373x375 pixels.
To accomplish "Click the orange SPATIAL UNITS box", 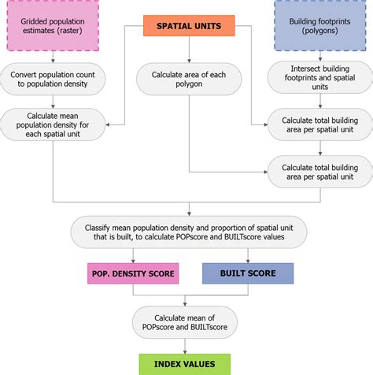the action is (x=189, y=26).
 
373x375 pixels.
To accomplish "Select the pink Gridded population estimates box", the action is (x=53, y=25).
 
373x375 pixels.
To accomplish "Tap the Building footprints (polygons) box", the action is (x=320, y=25).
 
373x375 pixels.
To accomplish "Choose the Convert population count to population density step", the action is (x=53, y=79).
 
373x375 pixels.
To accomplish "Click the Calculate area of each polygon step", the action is (x=189, y=79).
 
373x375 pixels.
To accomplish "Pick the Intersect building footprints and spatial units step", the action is (x=320, y=77).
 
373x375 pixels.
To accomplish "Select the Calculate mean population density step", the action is (x=53, y=124).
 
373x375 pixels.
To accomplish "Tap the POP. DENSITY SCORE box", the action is (x=133, y=273).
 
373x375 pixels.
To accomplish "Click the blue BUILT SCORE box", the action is (x=248, y=273).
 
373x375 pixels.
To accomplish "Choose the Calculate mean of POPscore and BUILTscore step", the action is (x=185, y=322).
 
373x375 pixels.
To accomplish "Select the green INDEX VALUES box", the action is (x=185, y=364).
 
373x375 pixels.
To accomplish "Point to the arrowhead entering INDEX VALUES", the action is (x=185, y=352).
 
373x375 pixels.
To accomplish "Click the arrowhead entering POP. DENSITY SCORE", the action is (x=133, y=261).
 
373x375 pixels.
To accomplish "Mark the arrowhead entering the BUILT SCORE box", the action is (x=248, y=261).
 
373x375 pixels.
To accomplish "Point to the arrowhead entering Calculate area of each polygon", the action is (x=189, y=61).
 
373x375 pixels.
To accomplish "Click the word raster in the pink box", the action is (x=69, y=31).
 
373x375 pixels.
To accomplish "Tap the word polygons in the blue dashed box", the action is (x=320, y=31).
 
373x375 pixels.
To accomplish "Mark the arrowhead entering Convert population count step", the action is (x=53, y=61).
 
